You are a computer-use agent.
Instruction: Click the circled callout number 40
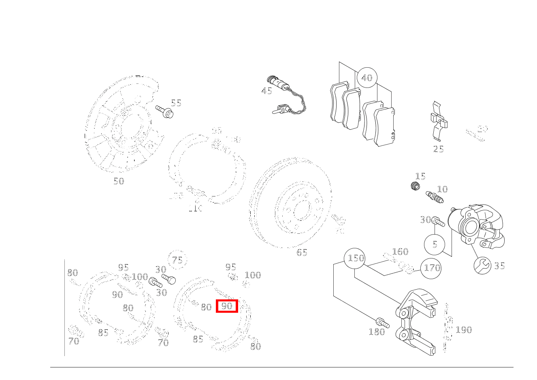367,78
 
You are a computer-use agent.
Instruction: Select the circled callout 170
431,268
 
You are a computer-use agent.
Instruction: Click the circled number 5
435,244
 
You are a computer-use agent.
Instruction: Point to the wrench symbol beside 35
483,266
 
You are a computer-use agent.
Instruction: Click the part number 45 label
266,91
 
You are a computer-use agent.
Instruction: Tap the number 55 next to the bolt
176,103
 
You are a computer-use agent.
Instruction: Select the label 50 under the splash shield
119,181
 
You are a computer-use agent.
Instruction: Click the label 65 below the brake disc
302,252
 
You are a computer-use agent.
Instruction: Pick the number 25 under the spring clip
438,149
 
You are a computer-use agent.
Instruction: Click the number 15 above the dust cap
420,176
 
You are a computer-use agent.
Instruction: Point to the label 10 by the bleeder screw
442,189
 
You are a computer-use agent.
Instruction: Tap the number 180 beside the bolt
377,332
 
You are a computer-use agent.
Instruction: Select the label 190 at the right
464,330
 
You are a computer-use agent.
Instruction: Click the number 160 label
400,252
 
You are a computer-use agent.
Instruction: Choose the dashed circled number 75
177,260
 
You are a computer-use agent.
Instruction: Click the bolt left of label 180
382,323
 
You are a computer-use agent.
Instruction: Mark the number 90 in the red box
227,306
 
